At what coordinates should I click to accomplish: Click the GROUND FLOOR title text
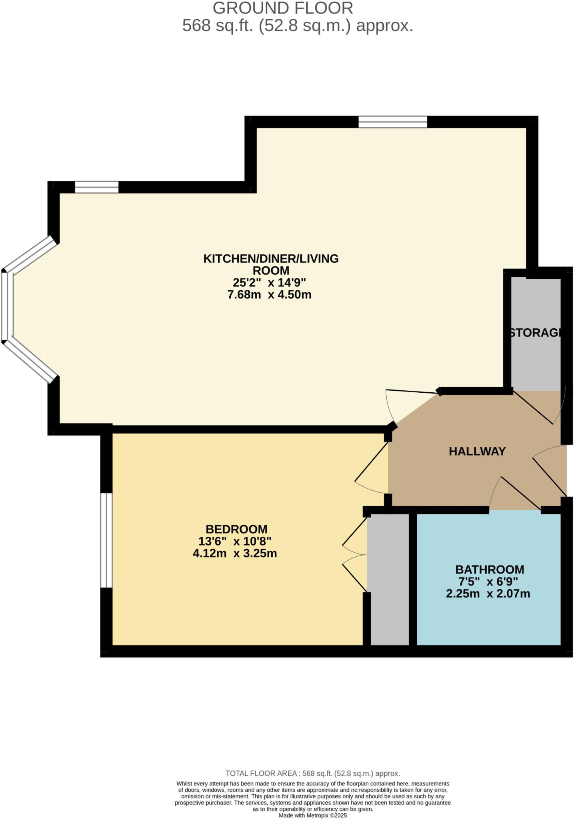283,8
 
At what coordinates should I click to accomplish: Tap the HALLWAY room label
477,451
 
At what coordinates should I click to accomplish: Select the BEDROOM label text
236,529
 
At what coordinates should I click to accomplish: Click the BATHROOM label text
490,569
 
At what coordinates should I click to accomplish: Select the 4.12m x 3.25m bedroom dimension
235,553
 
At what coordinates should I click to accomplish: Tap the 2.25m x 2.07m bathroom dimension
488,593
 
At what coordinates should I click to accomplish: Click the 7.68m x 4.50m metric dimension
269,295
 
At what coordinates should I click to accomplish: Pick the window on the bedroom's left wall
106,540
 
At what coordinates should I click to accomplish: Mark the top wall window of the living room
392,122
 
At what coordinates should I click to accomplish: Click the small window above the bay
96,187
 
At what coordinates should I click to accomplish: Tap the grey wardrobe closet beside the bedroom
388,580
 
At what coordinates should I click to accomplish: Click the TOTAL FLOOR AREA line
313,773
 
